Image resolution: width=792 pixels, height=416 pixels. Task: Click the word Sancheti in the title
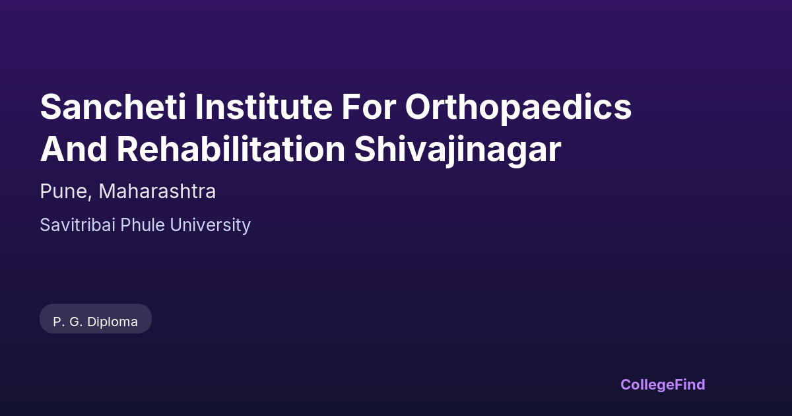(113, 107)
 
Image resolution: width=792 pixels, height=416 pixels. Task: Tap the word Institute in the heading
(264, 107)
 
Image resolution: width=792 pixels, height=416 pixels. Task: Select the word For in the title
(368, 107)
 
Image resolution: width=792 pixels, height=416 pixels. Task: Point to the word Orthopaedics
(518, 108)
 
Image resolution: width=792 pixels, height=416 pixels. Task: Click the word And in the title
(74, 149)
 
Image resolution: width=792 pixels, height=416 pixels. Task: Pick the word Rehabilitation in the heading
(231, 149)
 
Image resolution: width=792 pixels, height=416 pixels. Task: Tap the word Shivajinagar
(458, 151)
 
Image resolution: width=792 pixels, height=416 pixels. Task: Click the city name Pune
(63, 191)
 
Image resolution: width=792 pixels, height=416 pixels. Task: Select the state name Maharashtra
(157, 191)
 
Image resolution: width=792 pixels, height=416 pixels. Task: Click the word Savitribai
(78, 225)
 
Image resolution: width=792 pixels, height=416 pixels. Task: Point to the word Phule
(143, 225)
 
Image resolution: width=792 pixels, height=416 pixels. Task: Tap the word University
(211, 226)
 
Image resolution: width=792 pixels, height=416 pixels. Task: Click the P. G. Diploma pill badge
(96, 319)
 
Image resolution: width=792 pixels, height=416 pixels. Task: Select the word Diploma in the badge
(112, 322)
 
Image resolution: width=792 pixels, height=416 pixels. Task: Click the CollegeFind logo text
(663, 385)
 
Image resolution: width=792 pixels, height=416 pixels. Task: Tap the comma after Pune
(90, 197)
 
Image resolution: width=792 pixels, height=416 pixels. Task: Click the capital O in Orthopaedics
(418, 107)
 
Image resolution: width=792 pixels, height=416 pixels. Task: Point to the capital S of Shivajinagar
(366, 149)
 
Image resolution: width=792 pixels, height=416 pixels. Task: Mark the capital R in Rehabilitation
(128, 149)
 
